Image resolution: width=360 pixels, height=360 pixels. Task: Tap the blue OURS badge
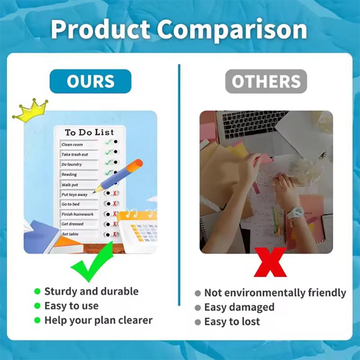(90, 81)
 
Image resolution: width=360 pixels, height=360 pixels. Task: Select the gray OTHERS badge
(266, 81)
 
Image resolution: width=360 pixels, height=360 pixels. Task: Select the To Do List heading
(89, 133)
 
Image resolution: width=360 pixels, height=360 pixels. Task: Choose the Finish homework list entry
(77, 214)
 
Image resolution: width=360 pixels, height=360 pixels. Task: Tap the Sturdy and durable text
(91, 291)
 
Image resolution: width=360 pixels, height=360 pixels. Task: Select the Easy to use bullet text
(71, 306)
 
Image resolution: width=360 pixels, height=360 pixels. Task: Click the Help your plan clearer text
(98, 320)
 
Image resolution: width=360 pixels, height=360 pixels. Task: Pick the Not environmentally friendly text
(275, 293)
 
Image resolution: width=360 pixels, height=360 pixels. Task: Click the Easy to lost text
(232, 322)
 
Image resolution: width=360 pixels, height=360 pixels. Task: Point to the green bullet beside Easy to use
(37, 306)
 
